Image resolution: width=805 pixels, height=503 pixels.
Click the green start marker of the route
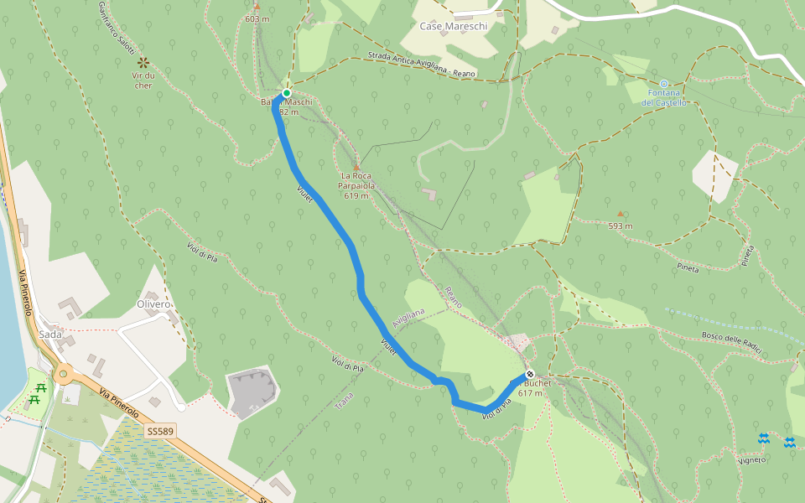click(x=286, y=93)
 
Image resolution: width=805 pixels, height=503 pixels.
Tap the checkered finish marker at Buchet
click(x=529, y=374)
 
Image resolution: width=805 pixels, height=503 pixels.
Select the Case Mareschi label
click(x=454, y=26)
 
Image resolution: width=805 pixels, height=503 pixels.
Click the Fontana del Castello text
click(x=664, y=97)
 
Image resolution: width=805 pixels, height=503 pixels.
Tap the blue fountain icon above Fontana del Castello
click(x=664, y=84)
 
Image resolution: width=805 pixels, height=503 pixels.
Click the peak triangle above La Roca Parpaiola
click(x=356, y=168)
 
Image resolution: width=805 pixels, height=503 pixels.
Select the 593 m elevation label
click(x=621, y=226)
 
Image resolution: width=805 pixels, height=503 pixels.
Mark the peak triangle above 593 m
click(x=621, y=213)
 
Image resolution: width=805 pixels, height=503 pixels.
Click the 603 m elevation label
click(x=257, y=18)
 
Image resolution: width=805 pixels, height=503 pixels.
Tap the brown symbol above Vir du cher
click(x=143, y=62)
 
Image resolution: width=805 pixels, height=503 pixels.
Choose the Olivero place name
click(x=153, y=303)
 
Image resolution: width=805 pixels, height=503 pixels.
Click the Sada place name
click(x=50, y=334)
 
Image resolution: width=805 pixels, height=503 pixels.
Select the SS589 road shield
click(x=159, y=431)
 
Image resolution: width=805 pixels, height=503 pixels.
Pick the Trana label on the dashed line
click(x=345, y=401)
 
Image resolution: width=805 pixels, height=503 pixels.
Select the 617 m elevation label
click(x=530, y=392)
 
